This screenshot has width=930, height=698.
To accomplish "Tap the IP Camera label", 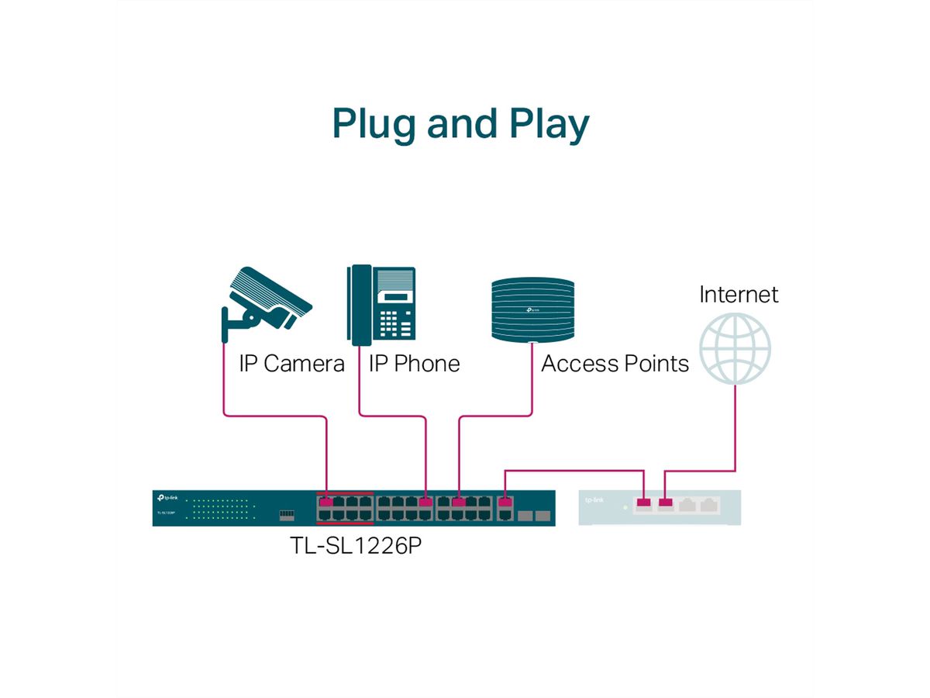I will point(291,364).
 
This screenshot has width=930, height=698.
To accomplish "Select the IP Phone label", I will point(414,364).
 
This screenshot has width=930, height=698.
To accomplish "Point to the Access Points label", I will point(615,364).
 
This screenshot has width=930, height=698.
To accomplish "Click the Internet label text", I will point(739,295).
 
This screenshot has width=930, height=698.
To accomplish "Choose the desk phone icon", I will point(381,305).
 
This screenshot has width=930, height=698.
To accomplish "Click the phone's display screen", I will point(395,297).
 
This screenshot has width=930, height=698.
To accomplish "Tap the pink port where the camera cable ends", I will point(326,502).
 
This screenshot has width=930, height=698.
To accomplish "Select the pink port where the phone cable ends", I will point(425,502).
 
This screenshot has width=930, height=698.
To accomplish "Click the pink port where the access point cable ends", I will point(459,502).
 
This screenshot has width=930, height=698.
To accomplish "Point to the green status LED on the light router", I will point(625,508).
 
